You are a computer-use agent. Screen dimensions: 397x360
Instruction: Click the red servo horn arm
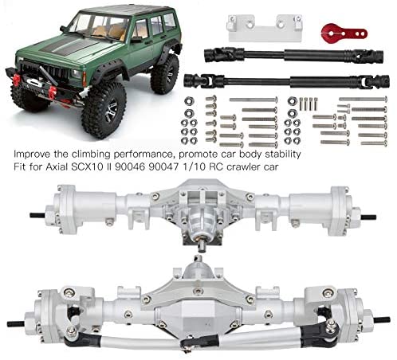pos(344,33)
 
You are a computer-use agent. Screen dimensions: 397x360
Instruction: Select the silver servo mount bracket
pos(265,28)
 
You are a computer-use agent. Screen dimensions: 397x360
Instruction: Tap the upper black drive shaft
pos(293,55)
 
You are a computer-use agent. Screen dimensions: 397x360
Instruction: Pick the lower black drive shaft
pos(286,80)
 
